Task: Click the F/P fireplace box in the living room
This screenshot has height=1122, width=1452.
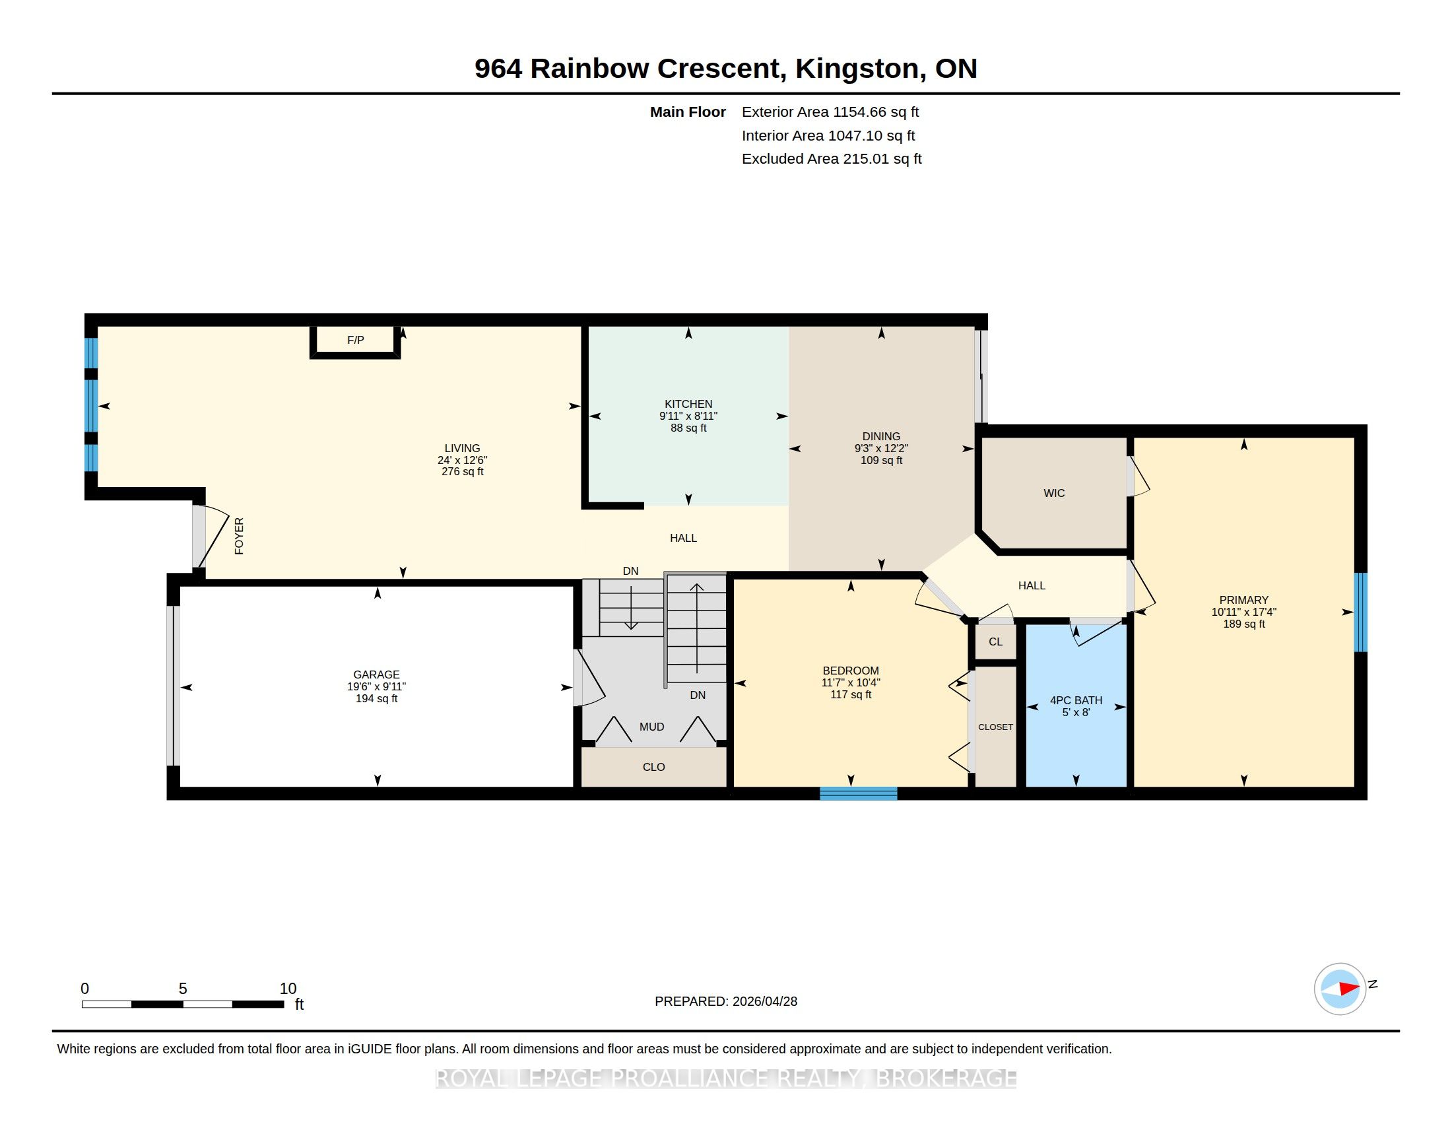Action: (355, 341)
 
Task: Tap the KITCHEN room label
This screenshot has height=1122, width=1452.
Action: (688, 404)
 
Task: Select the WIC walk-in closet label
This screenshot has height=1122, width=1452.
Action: (1054, 493)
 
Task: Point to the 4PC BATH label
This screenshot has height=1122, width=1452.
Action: (1076, 700)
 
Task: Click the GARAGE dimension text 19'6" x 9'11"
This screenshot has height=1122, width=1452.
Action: (376, 686)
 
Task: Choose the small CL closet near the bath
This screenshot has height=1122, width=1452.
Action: (995, 642)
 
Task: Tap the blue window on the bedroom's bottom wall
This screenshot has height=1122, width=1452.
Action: (858, 793)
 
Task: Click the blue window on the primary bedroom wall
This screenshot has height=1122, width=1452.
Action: (1361, 612)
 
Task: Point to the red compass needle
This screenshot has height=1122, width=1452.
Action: (1349, 989)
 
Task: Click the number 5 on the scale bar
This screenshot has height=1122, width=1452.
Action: (183, 989)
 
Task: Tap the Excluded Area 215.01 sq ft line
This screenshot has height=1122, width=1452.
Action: (832, 159)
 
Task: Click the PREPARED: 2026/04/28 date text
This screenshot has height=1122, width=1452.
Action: (726, 1001)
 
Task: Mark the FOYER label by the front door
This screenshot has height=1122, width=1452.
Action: (240, 536)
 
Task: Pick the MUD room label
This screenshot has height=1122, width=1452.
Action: (651, 727)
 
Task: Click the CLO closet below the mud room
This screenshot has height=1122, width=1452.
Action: (653, 767)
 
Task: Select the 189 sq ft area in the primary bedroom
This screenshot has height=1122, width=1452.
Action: (1244, 624)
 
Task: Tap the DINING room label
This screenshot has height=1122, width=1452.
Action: (881, 437)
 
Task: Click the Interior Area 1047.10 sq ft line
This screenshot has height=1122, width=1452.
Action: (828, 135)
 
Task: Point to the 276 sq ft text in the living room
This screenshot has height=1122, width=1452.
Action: (462, 472)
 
